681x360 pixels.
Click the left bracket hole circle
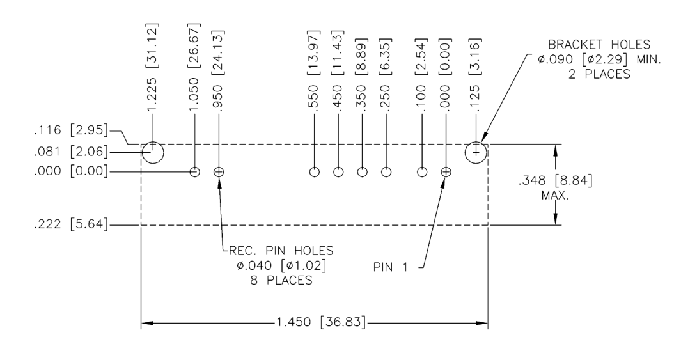coord(153,153)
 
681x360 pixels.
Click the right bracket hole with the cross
coord(476,153)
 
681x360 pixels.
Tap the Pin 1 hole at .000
coord(446,172)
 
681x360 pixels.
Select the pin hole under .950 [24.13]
coord(219,172)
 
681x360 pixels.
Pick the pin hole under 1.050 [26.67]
coord(195,172)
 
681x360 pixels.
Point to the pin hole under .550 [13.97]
coord(315,172)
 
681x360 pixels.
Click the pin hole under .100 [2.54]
coord(422,172)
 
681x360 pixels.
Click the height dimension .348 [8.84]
coord(555,182)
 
